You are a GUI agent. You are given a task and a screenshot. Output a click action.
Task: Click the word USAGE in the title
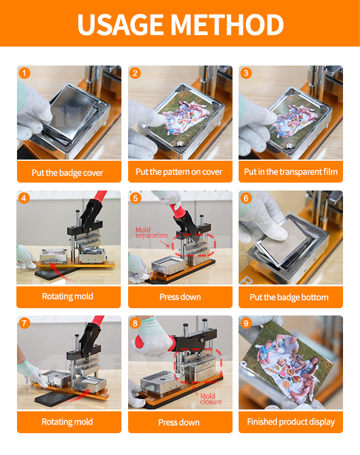tap(120, 24)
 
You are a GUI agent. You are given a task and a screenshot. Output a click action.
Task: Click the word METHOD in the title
tap(227, 24)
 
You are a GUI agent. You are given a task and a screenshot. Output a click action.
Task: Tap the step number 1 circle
tap(24, 73)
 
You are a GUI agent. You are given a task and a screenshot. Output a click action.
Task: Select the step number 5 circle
tap(135, 198)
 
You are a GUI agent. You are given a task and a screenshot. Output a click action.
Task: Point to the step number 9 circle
tap(246, 323)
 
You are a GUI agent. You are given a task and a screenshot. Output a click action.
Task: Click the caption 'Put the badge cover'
tap(67, 173)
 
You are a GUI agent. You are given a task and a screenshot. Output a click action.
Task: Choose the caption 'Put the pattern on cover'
tap(179, 172)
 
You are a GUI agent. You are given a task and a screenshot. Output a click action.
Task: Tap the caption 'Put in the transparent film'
tap(291, 172)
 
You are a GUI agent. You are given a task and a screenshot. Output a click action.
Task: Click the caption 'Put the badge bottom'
tap(289, 297)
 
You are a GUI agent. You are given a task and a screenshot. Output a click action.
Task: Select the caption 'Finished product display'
tap(291, 422)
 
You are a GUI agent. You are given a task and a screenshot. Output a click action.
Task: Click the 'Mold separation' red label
tap(151, 233)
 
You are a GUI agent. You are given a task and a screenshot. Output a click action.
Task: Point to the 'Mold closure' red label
tap(211, 399)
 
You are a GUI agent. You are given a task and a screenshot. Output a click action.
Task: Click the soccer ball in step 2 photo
tap(179, 143)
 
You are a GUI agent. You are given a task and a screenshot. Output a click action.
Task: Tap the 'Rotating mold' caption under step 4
tap(67, 296)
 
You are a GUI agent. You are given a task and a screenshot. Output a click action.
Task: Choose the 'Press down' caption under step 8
tap(179, 422)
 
